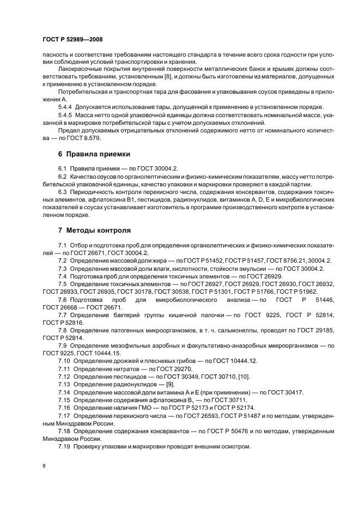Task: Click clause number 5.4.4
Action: (x=65, y=106)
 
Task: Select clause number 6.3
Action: (x=62, y=192)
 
